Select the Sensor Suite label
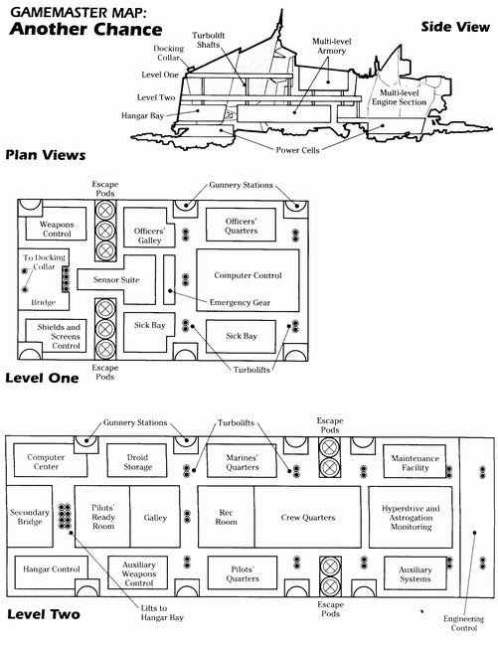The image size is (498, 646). pyautogui.click(x=116, y=279)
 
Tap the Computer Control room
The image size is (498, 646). pyautogui.click(x=248, y=280)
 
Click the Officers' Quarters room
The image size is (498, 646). pyautogui.click(x=241, y=225)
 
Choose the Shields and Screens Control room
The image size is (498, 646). pyautogui.click(x=56, y=335)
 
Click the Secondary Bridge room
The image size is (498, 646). pyautogui.click(x=30, y=516)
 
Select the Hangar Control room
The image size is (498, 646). pyautogui.click(x=51, y=572)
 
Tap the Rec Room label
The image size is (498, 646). pyautogui.click(x=227, y=517)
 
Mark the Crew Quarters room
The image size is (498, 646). pyautogui.click(x=308, y=517)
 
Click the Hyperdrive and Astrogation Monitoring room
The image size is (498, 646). pyautogui.click(x=411, y=517)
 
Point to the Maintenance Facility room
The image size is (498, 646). pyautogui.click(x=415, y=461)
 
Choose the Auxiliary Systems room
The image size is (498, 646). pyautogui.click(x=415, y=573)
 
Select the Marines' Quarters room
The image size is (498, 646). pyautogui.click(x=242, y=461)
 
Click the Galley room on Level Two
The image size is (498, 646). pyautogui.click(x=155, y=516)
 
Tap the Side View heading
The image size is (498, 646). pyautogui.click(x=455, y=27)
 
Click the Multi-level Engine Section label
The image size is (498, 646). pyautogui.click(x=400, y=97)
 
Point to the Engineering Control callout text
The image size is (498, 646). pyautogui.click(x=463, y=623)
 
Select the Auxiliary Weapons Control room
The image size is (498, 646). pyautogui.click(x=137, y=572)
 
